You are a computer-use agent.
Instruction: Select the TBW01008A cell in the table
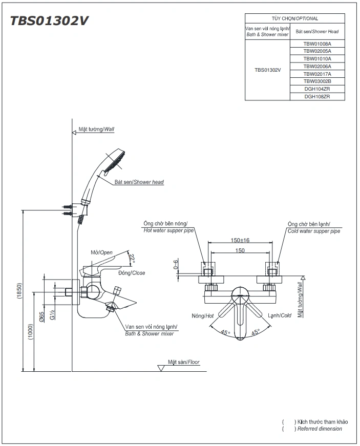[317, 44]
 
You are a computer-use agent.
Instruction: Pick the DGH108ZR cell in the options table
[317, 96]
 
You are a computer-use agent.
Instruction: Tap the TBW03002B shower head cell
[317, 81]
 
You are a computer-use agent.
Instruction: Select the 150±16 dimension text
[240, 240]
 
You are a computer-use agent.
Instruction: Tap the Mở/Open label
[101, 252]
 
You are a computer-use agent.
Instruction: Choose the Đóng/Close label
[132, 273]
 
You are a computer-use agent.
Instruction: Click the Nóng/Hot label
[202, 315]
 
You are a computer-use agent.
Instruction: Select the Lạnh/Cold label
[279, 315]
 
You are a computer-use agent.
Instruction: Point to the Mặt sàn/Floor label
[184, 362]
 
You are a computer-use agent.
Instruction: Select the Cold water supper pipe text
[313, 231]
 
